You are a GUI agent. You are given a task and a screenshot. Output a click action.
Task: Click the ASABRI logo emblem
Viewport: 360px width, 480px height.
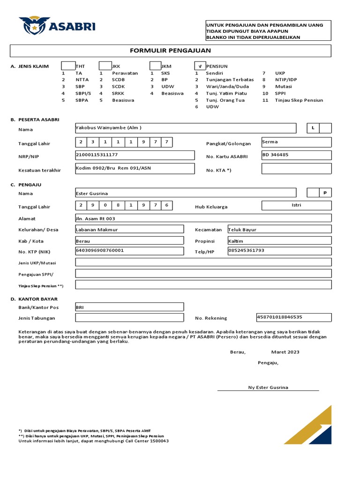click(33, 26)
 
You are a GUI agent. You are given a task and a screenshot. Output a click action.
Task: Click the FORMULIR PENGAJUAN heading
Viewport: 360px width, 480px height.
click(170, 51)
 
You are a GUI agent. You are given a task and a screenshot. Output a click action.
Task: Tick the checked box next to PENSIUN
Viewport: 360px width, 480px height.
click(200, 67)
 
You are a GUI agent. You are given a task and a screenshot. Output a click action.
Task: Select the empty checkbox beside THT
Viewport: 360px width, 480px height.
click(68, 66)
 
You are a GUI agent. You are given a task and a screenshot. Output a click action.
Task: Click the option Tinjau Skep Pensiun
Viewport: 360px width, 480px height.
click(299, 100)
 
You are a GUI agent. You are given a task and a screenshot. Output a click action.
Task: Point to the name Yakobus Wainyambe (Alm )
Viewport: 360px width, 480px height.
click(108, 127)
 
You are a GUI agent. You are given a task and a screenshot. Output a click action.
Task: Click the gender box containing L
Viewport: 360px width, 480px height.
click(313, 128)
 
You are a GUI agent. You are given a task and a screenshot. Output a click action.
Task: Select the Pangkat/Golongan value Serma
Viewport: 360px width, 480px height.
click(270, 141)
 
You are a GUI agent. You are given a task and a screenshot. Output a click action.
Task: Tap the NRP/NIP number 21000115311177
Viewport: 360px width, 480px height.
click(97, 154)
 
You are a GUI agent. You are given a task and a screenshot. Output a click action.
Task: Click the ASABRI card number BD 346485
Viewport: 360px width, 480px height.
click(275, 154)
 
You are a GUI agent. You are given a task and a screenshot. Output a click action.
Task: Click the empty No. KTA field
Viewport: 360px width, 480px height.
click(296, 169)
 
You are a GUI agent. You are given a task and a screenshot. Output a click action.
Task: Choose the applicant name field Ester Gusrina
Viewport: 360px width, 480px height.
click(92, 193)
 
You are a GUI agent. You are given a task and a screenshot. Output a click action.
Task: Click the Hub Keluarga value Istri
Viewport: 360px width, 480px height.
click(296, 205)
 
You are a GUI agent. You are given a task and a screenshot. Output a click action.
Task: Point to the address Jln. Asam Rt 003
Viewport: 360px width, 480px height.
click(95, 218)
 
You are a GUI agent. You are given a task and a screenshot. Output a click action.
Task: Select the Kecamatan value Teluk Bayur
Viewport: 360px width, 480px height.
click(242, 230)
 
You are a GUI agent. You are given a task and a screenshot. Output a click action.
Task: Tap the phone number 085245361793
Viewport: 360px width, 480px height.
click(247, 250)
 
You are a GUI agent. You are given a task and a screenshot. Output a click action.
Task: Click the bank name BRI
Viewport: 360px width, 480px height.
click(80, 307)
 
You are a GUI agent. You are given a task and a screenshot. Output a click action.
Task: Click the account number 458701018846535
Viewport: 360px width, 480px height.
click(279, 317)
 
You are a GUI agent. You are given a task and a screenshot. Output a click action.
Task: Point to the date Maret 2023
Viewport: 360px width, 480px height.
click(285, 352)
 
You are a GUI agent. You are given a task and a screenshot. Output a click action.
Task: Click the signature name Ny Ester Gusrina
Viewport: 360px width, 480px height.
click(268, 387)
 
